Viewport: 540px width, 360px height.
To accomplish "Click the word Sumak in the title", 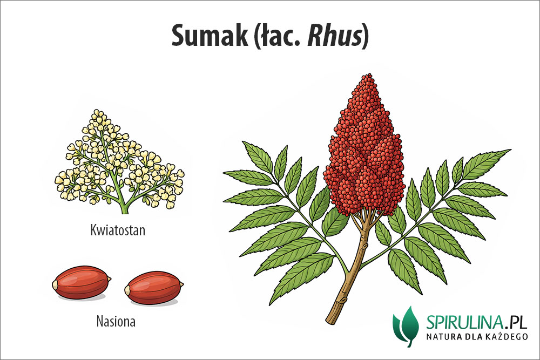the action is (x=210, y=36).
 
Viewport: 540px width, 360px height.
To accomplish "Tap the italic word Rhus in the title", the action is (x=334, y=36).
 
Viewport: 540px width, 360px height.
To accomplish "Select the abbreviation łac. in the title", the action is (x=279, y=36).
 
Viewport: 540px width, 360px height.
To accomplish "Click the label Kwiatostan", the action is (x=118, y=230).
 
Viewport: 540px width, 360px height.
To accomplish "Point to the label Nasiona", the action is (x=116, y=322).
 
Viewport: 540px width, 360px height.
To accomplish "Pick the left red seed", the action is (x=82, y=282).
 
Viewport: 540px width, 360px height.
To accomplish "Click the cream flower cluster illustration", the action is (x=119, y=161).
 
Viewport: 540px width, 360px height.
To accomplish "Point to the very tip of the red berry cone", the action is (x=369, y=74).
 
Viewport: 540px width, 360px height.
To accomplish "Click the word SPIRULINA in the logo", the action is (x=466, y=323).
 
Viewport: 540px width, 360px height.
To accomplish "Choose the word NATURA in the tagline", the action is (x=443, y=336).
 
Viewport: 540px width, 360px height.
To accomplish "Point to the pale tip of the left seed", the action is (x=55, y=285).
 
